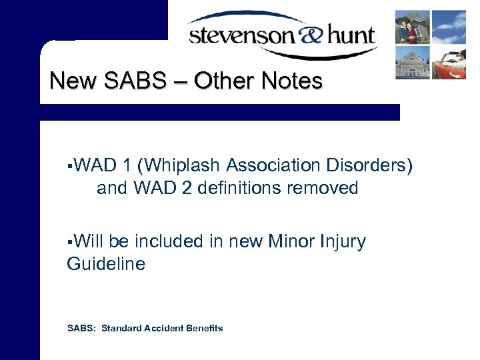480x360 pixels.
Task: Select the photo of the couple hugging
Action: click(413, 27)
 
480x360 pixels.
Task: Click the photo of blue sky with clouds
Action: click(449, 27)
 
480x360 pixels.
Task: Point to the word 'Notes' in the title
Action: click(293, 81)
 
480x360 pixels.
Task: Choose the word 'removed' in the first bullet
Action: click(326, 188)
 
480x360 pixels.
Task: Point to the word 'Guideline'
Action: click(106, 264)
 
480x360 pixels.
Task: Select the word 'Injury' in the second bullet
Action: click(341, 241)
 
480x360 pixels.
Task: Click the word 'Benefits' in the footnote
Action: click(203, 328)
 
